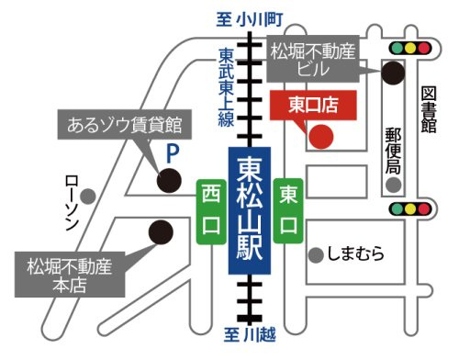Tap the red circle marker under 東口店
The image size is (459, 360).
pos(319,138)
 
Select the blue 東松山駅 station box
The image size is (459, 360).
pos(249,212)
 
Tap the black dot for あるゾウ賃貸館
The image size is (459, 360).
pos(168,180)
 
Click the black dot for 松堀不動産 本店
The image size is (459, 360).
pos(161,231)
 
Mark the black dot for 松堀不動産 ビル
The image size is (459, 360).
pos(394,71)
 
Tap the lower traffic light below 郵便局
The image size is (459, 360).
pos(409,209)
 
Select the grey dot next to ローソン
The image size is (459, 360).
pos(87,196)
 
